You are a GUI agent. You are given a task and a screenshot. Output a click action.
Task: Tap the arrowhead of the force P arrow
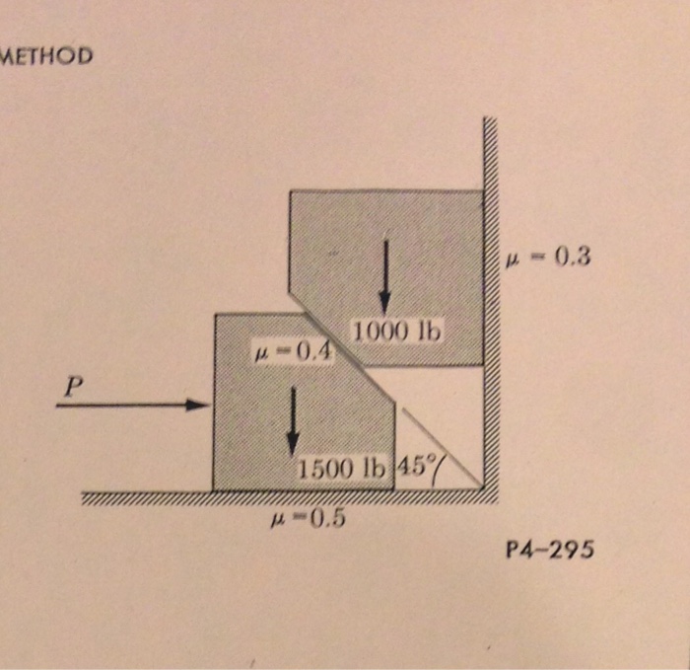click(x=204, y=405)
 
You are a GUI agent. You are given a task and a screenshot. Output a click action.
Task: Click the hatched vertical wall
click(x=490, y=296)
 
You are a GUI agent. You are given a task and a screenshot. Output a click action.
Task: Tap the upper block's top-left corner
click(x=290, y=190)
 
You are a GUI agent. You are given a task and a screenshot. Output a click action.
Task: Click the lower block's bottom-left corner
click(x=214, y=489)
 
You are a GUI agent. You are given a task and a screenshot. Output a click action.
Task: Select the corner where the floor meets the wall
click(x=483, y=489)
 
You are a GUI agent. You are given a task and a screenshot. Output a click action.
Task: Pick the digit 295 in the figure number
click(x=572, y=552)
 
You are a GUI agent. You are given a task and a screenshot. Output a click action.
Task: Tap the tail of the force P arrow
click(x=59, y=405)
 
